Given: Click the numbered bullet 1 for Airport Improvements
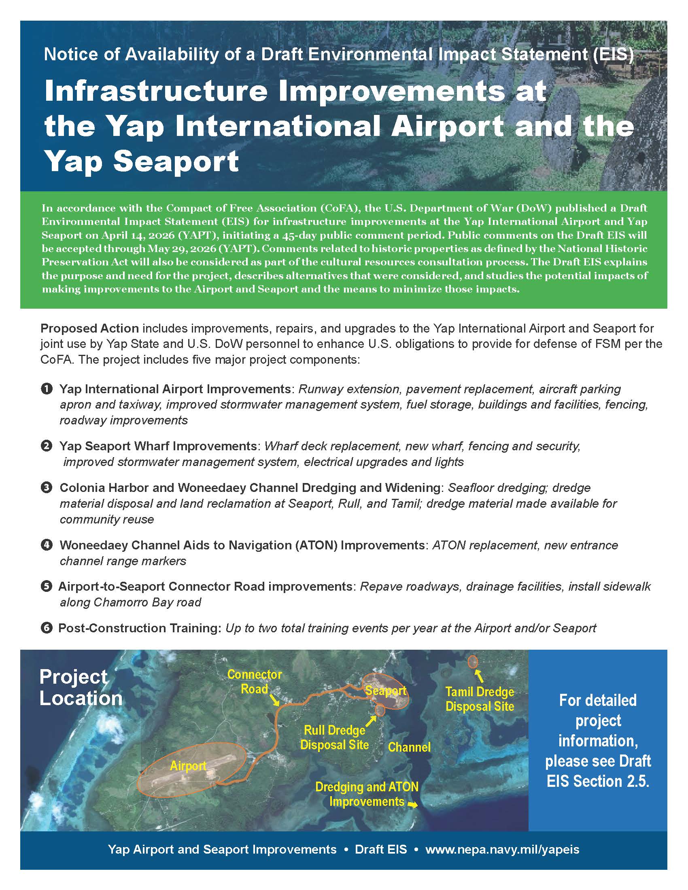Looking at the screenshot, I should pos(47,389).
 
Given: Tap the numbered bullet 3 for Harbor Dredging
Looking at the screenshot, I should pos(47,487).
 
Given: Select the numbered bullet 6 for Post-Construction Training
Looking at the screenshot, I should pos(47,628).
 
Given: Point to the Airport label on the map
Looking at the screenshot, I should pos(188,766).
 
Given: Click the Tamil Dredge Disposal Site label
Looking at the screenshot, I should pos(479,699).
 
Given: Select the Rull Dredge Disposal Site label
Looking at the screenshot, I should pos(334,737).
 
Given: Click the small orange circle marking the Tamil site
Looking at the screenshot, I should pos(473,662).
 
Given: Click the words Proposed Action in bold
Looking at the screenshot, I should pos(90,328).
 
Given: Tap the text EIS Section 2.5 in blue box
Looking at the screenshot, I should pos(597,781).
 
